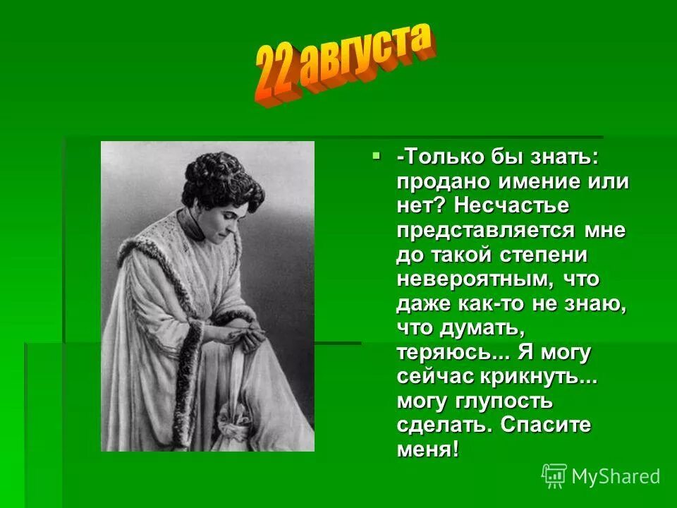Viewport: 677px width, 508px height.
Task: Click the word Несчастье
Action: [x=511, y=206]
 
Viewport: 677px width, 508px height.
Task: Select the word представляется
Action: [x=487, y=230]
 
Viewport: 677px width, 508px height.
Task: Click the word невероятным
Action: [x=477, y=279]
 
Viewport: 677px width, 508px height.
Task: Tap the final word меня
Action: [x=427, y=450]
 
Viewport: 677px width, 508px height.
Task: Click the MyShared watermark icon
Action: [x=554, y=475]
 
